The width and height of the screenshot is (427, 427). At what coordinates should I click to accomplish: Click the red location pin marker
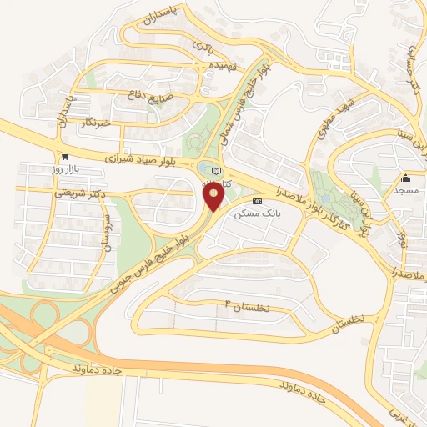214,197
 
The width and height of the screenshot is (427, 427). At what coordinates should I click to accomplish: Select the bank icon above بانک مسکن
257,202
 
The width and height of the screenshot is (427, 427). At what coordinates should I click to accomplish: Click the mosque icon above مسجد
406,178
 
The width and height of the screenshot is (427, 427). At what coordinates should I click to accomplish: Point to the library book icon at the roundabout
217,171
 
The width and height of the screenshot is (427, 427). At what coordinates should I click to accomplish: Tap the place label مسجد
406,191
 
